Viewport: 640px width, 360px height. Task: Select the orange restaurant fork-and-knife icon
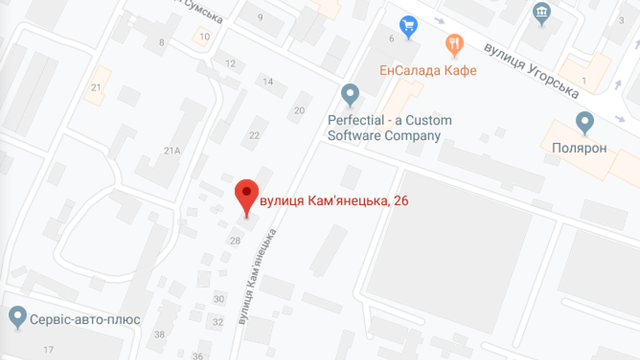pos(454,44)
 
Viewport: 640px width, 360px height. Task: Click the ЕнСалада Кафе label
pos(428,70)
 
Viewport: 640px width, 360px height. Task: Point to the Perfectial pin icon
pos(350,93)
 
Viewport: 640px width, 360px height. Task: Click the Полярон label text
pos(579,148)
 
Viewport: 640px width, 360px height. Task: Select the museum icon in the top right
pos(542,12)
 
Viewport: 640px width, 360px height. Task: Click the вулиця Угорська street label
pos(531,70)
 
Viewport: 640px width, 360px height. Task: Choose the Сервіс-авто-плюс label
pos(85,319)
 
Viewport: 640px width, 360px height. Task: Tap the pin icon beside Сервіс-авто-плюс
pos(18,317)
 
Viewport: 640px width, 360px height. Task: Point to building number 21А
pos(171,150)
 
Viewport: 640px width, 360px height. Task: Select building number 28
pos(235,241)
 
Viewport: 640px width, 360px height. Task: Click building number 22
pos(254,135)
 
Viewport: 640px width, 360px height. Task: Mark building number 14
pos(268,81)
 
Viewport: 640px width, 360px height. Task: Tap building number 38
pos(159,334)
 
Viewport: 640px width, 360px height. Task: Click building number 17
pos(48,349)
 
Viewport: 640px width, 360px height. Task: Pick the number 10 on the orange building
pos(204,36)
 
